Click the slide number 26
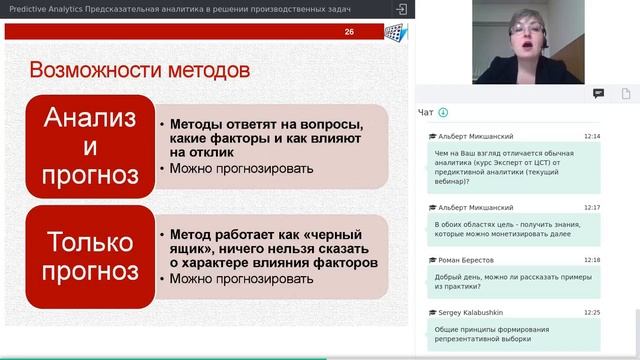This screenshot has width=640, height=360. tap(349, 33)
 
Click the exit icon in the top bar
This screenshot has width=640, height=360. tap(402, 8)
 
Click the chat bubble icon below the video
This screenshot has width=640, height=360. tap(598, 93)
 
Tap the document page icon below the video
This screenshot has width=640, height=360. tap(626, 93)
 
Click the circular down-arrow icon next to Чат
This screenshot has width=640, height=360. tap(443, 113)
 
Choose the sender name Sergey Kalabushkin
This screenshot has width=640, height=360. tap(476, 313)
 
